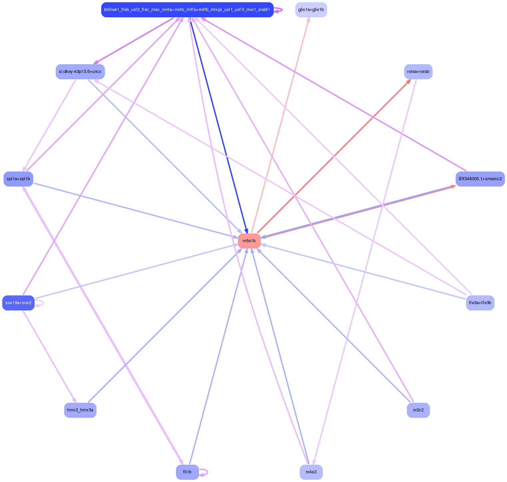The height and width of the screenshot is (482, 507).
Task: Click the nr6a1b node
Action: point(249,241)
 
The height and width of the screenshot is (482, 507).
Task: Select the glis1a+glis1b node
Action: point(311,10)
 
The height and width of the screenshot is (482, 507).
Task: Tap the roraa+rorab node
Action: point(418,72)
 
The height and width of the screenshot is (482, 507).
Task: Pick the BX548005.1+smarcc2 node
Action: point(480,179)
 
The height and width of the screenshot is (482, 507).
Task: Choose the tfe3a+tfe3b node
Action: point(480,303)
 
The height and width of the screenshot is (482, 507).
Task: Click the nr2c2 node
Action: point(418,410)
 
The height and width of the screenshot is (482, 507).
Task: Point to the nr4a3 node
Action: point(311,472)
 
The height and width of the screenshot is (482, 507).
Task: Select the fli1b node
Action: point(187,472)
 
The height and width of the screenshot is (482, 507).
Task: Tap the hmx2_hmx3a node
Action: point(80,410)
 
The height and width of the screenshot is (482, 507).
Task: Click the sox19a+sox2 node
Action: point(18,303)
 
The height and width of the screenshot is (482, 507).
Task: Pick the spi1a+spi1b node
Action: point(18,179)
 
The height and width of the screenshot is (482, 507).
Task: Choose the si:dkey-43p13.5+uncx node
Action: point(80,72)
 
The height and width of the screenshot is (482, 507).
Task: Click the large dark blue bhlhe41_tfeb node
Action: point(187,10)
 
